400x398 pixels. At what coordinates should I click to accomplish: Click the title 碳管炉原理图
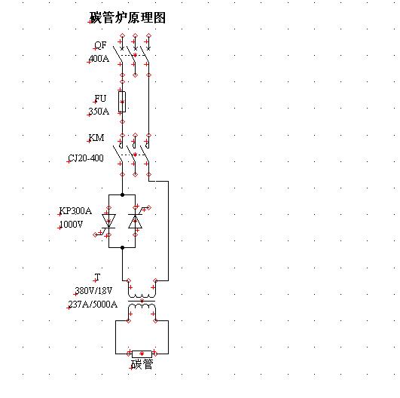[x=128, y=17]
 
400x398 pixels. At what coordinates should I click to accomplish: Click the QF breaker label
[x=100, y=45]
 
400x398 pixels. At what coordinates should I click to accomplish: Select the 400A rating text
[x=99, y=59]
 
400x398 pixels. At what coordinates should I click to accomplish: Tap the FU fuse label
[x=100, y=99]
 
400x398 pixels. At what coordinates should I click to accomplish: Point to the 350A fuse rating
[x=99, y=112]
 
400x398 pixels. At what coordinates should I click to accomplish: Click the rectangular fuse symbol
[x=122, y=102]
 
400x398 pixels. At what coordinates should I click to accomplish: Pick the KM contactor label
[x=96, y=138]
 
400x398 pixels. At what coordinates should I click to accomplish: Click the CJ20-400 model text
[x=86, y=158]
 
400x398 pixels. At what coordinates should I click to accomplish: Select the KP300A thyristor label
[x=75, y=211]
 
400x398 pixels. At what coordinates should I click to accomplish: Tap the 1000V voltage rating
[x=71, y=225]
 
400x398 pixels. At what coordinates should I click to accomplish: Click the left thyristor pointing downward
[x=108, y=221]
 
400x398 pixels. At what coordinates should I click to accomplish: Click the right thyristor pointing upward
[x=135, y=221]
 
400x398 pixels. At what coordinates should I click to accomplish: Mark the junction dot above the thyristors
[x=122, y=194]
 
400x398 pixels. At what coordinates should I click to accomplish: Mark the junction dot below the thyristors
[x=122, y=247]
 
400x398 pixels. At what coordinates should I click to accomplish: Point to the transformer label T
[x=97, y=277]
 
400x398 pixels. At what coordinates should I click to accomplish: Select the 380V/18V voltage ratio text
[x=93, y=290]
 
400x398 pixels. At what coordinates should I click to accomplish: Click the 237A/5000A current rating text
[x=93, y=304]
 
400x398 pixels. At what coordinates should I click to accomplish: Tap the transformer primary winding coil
[x=142, y=293]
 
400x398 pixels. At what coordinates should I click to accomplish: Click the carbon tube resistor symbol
[x=142, y=354]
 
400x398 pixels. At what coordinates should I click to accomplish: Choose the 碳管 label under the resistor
[x=142, y=364]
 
